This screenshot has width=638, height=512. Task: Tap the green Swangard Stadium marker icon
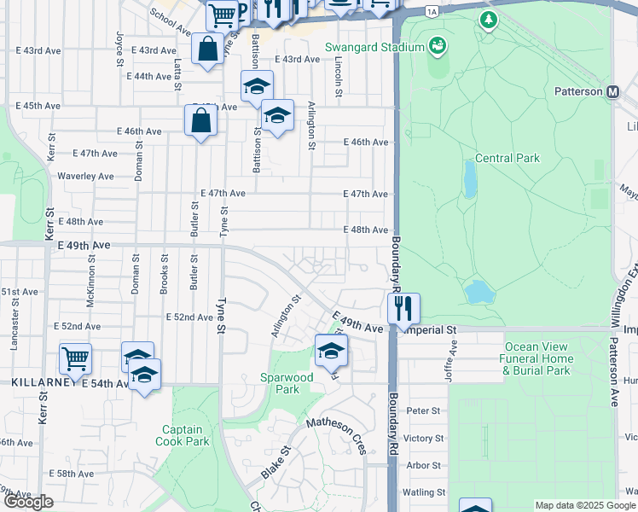438,44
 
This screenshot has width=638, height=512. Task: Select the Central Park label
507,158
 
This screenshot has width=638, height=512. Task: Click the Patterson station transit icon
612,91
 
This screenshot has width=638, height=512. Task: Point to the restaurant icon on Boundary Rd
403,307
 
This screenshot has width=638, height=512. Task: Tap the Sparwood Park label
287,383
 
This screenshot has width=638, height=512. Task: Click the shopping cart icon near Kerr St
76,358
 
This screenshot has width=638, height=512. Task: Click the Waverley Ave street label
85,176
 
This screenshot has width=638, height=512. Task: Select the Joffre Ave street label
455,351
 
